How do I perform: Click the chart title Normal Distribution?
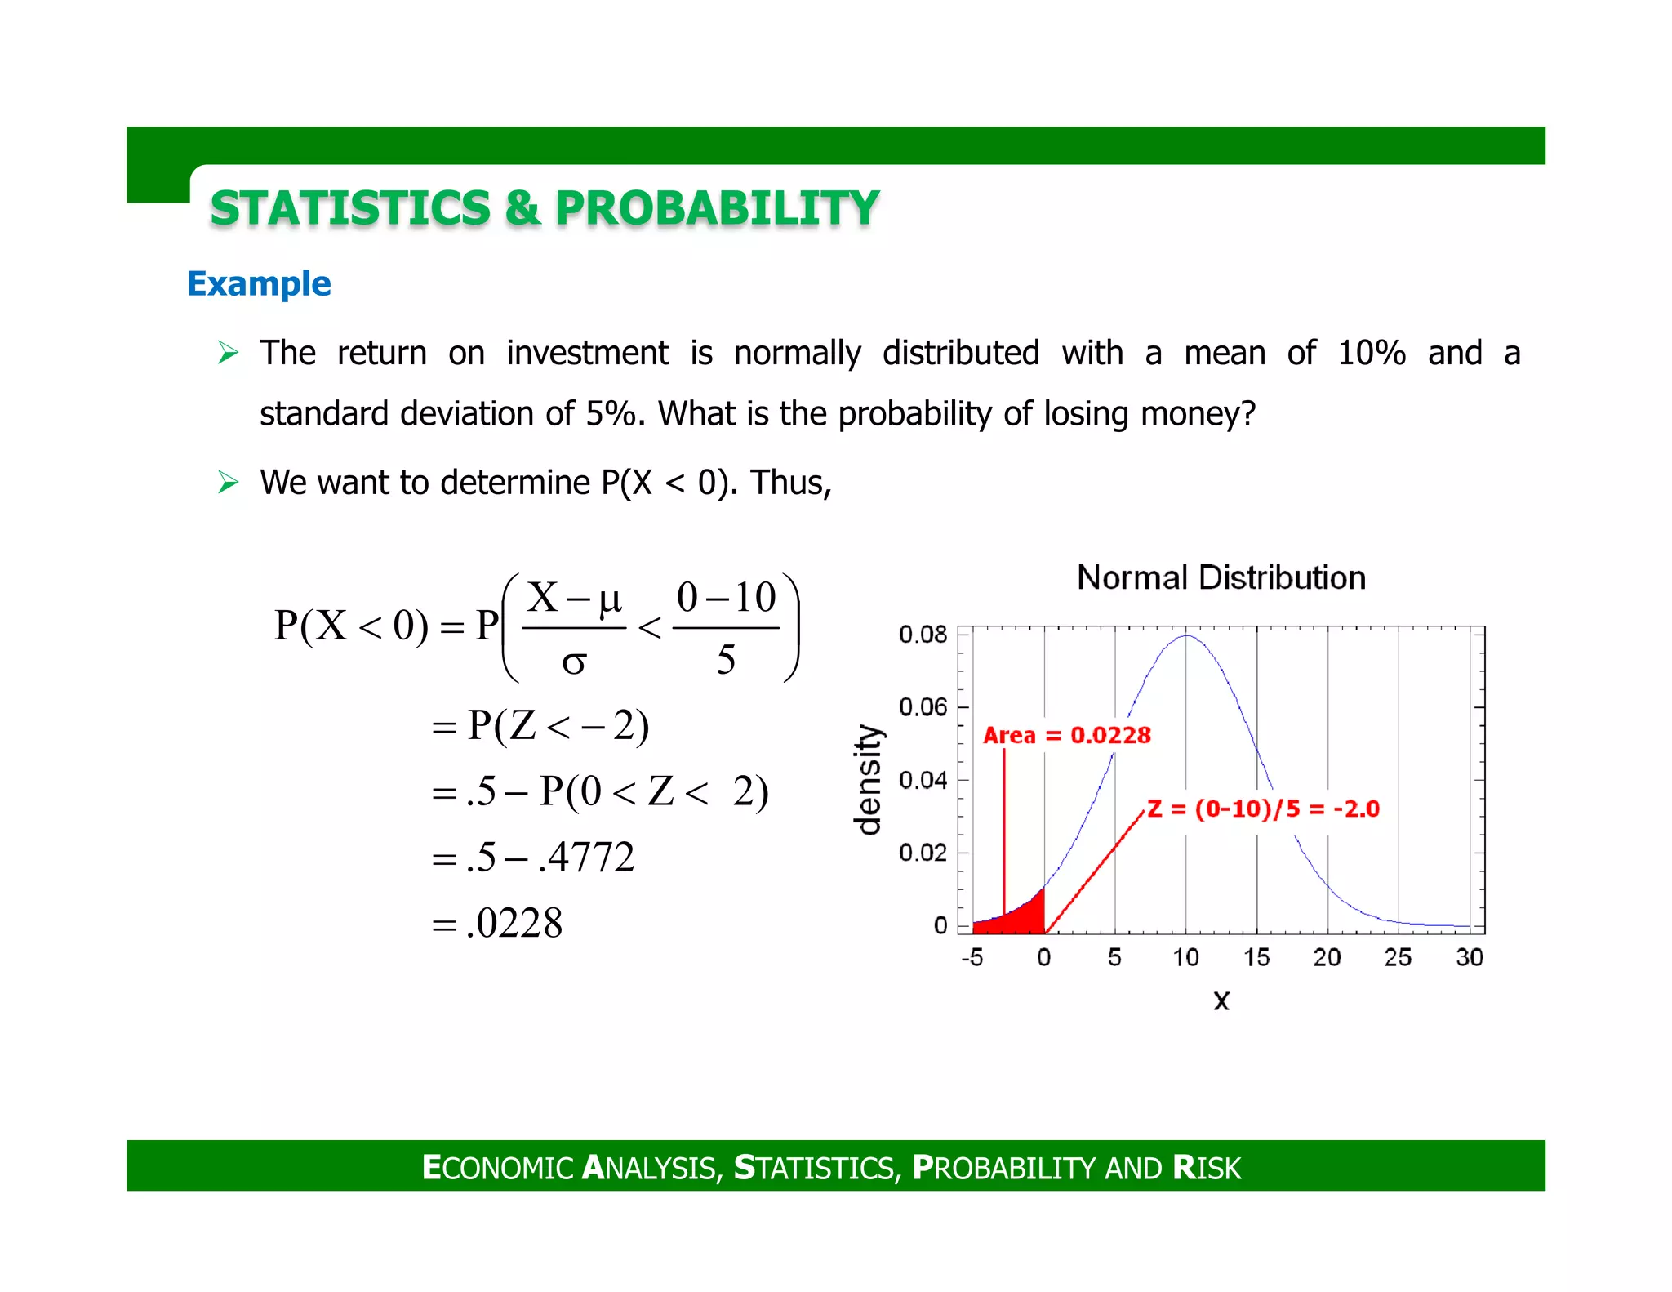point(1221,577)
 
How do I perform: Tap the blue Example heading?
point(259,283)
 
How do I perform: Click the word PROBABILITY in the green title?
point(717,207)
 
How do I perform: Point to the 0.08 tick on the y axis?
point(923,635)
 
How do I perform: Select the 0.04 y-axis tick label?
point(923,780)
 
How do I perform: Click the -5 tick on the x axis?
point(972,957)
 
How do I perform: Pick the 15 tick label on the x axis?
point(1256,957)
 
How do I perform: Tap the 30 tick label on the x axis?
point(1469,957)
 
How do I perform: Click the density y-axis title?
point(869,780)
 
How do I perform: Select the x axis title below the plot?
point(1221,1000)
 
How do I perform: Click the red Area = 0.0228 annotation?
point(1066,735)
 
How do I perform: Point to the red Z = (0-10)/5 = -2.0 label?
point(1263,809)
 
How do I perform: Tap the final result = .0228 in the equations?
point(514,923)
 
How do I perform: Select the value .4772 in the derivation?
point(586,858)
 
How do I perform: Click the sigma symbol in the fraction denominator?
point(574,662)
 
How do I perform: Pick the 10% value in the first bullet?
point(1372,353)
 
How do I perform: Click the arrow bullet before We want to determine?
point(228,483)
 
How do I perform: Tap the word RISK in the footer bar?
point(1207,1168)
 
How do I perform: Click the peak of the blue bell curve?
point(1185,636)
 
